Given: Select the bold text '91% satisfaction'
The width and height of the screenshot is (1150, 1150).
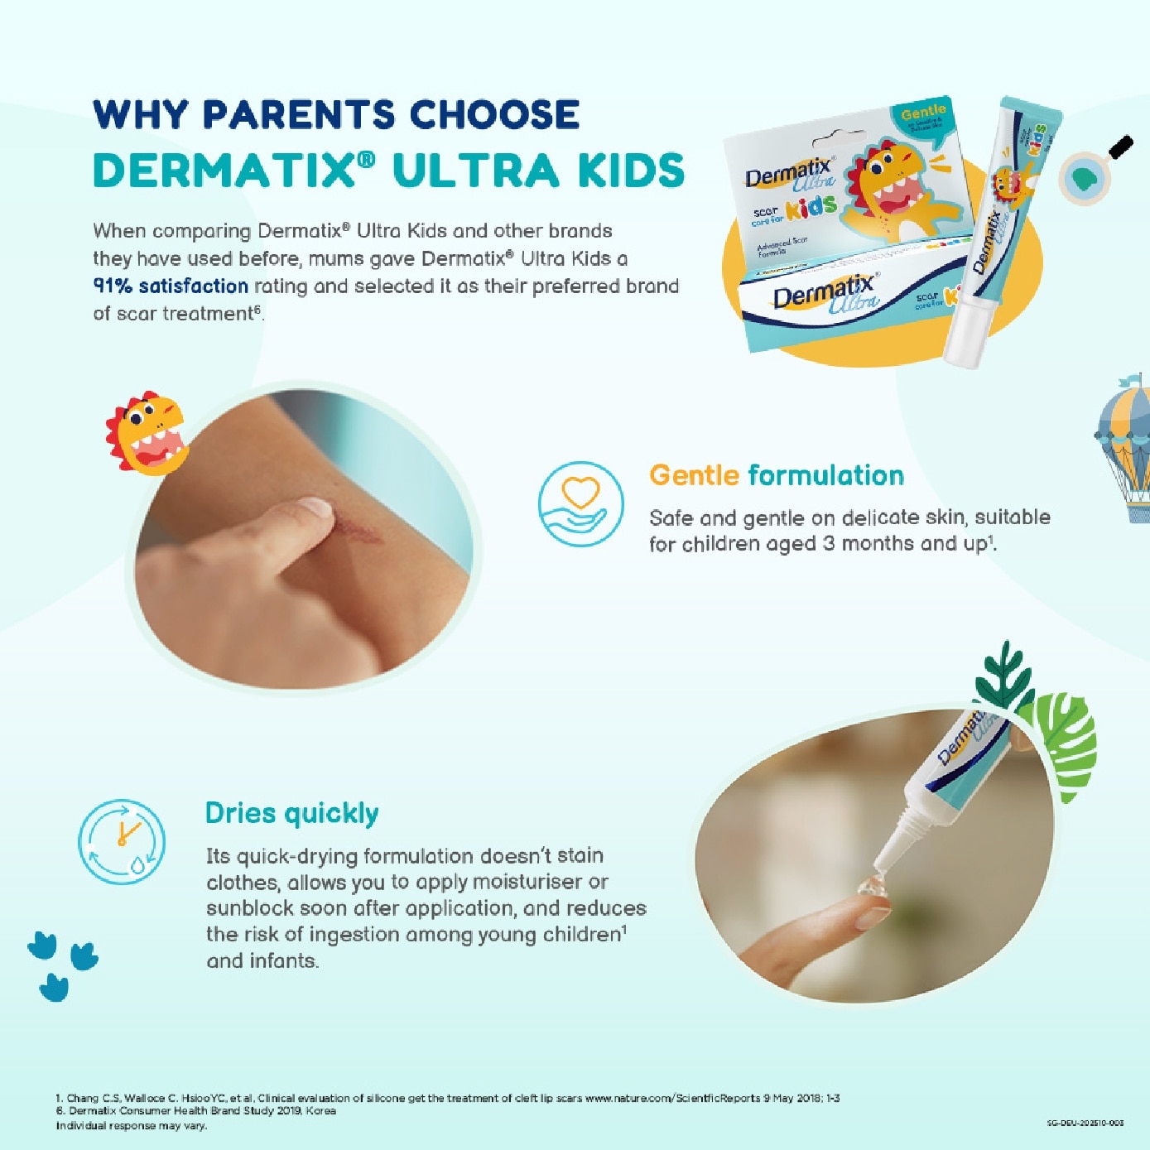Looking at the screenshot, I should (x=171, y=286).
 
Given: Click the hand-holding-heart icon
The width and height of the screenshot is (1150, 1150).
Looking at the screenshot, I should (x=580, y=503).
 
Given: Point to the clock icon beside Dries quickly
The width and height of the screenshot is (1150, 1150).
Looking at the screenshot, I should (x=122, y=840).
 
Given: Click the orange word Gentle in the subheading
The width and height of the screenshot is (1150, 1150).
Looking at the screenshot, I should (x=694, y=475).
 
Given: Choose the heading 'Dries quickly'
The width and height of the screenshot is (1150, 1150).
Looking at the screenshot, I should (x=291, y=813).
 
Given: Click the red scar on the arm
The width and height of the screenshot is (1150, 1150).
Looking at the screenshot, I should (x=356, y=532).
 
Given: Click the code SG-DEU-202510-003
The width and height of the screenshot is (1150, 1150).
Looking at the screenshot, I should (x=1085, y=1124).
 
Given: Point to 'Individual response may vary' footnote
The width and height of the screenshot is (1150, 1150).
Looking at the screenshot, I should (x=131, y=1126).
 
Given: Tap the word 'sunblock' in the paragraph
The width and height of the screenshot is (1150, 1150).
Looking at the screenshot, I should (x=249, y=908).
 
